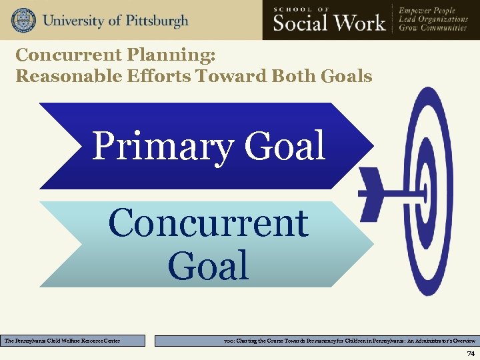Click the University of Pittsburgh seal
coord(23,20)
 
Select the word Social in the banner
coord(300,23)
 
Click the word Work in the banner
coord(358,23)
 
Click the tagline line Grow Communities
coord(432,29)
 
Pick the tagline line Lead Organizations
coord(433,19)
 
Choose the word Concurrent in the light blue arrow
coord(208,223)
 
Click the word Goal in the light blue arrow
coord(208,265)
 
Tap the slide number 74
coord(471,353)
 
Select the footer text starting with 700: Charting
coord(349,341)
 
